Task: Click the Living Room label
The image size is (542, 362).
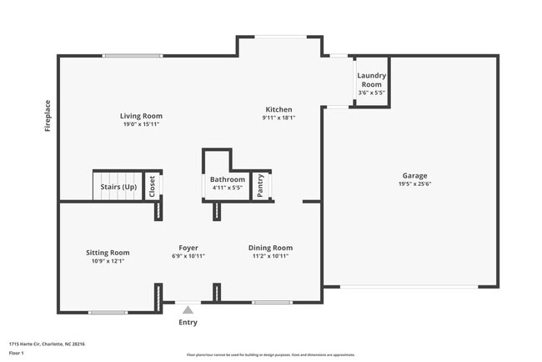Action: click(x=141, y=116)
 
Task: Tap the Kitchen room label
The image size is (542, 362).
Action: click(x=279, y=109)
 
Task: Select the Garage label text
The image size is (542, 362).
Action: click(x=414, y=175)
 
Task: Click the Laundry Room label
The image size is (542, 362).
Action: click(x=370, y=80)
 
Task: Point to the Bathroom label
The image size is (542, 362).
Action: click(x=228, y=179)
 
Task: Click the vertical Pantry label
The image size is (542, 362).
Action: click(x=261, y=185)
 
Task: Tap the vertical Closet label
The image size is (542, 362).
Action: click(x=152, y=186)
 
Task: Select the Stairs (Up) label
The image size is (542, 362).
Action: click(x=118, y=187)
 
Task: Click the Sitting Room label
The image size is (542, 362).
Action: click(x=108, y=252)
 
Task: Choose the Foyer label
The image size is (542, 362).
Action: click(x=188, y=248)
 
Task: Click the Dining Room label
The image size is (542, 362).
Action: click(x=271, y=248)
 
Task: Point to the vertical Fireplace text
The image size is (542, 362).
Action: click(x=48, y=115)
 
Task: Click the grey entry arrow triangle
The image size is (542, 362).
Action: click(x=188, y=309)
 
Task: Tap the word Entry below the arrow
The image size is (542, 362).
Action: click(x=188, y=322)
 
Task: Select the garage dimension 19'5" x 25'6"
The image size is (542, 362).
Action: click(x=414, y=184)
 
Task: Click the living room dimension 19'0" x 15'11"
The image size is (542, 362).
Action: click(x=141, y=124)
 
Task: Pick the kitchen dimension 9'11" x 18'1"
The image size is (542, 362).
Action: click(x=279, y=118)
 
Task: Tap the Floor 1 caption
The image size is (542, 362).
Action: click(x=18, y=353)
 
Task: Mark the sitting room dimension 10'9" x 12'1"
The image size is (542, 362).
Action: click(x=108, y=260)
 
